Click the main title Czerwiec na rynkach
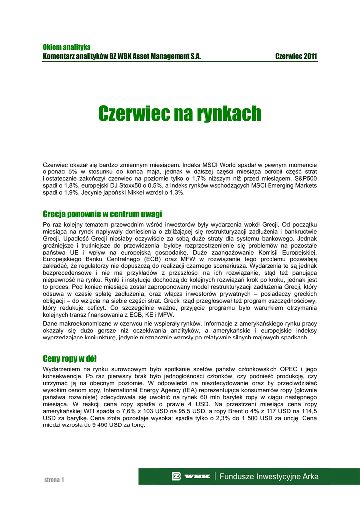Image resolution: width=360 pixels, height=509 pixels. (x=180, y=114)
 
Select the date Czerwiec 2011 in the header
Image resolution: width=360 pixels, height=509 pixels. (x=296, y=57)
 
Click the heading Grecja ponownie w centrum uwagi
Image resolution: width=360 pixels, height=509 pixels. (x=102, y=214)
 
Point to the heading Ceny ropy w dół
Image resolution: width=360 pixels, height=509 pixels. (x=73, y=358)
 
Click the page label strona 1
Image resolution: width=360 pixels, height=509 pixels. (x=54, y=480)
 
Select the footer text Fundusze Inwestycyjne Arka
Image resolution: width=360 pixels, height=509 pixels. (x=269, y=476)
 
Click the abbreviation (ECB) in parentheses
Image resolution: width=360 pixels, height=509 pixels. (x=152, y=259)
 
